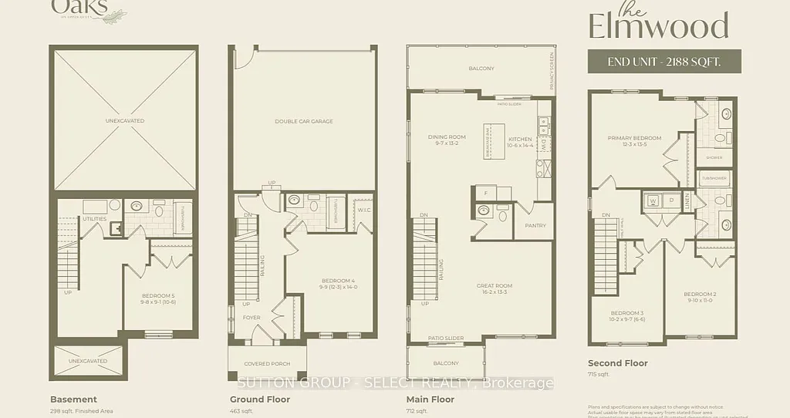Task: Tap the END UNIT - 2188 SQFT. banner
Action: tap(664, 61)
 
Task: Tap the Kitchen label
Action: tap(521, 141)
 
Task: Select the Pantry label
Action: tap(535, 225)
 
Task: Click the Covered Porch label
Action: tap(266, 363)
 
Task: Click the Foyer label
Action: tap(252, 316)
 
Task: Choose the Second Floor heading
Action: tap(617, 363)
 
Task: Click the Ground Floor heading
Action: tap(260, 399)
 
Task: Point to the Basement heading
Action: tap(73, 399)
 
